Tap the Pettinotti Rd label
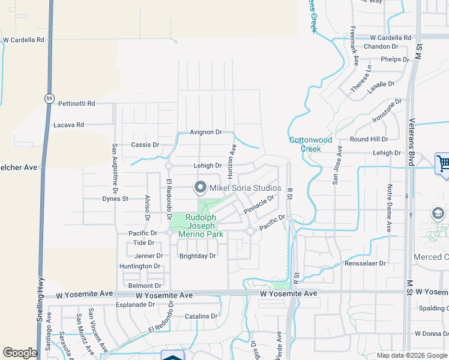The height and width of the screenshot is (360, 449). pos(76,103)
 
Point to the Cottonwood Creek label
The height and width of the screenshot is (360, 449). pos(310,144)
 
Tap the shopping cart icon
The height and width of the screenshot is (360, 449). pos(443,163)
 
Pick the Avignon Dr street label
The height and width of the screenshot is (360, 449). pos(205,132)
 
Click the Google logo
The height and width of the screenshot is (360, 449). pos(20,353)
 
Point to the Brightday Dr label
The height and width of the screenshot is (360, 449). pos(197,256)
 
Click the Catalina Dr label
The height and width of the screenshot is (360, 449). pos(200,316)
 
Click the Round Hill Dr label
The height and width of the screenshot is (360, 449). pos(369,139)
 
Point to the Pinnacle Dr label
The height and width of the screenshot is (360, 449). pos(259,203)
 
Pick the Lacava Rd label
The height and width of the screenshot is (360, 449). pos(68,125)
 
